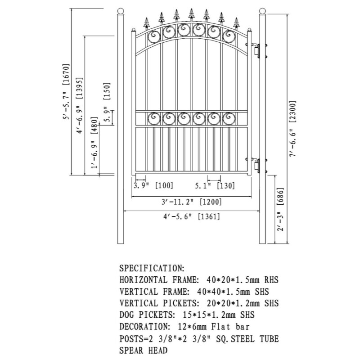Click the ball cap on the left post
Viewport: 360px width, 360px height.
point(120,11)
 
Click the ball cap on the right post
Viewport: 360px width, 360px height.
point(262,11)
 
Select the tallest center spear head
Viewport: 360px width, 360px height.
point(191,14)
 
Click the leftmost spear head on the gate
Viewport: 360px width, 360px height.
point(146,23)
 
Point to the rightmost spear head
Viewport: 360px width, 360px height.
point(235,23)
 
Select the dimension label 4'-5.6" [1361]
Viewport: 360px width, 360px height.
point(192,216)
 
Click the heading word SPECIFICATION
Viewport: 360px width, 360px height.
point(152,268)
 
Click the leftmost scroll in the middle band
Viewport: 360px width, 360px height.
point(154,118)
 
